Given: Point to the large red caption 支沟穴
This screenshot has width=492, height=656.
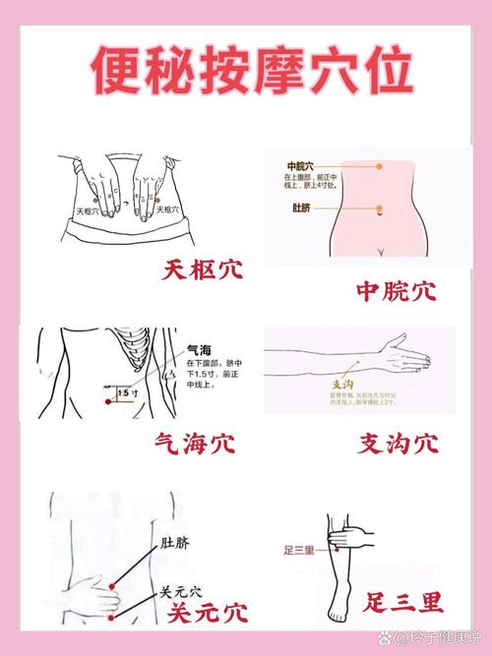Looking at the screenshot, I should (x=398, y=444).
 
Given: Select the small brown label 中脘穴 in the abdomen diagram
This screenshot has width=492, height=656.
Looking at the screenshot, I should (x=300, y=165).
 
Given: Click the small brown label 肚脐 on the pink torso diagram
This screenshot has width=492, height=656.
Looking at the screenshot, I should (x=298, y=208).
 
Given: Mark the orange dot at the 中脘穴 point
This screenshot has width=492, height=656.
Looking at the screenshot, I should (x=379, y=166).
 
